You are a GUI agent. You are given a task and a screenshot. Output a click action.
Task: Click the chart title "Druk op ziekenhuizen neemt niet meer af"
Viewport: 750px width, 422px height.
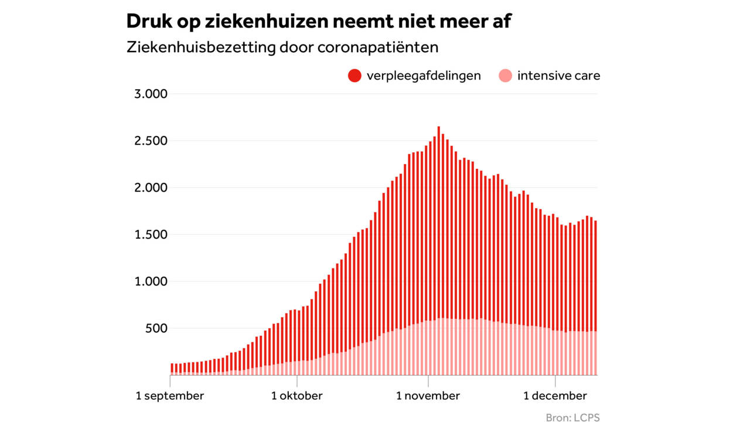[319, 22]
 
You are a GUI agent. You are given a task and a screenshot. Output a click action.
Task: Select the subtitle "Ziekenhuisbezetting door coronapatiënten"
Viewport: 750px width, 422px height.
[282, 47]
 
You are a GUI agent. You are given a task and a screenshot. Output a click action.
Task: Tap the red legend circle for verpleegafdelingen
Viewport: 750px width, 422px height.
[354, 76]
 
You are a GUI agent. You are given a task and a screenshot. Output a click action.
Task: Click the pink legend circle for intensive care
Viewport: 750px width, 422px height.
[505, 76]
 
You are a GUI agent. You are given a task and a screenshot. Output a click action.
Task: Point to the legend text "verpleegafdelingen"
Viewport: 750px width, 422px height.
[423, 76]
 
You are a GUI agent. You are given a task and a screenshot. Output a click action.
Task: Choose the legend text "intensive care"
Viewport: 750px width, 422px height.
[558, 76]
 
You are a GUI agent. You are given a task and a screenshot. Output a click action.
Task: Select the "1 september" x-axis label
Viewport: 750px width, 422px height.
[170, 396]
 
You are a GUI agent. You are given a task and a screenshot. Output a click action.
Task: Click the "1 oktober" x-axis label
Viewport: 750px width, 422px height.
[296, 396]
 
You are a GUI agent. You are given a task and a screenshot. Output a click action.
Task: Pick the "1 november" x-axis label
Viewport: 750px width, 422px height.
[428, 396]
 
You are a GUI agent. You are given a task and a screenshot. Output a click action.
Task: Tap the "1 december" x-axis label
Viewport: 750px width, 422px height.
[555, 396]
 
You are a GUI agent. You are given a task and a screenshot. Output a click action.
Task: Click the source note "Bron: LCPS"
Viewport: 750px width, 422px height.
[572, 417]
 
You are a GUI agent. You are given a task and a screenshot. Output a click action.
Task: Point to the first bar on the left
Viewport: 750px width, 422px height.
[172, 369]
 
